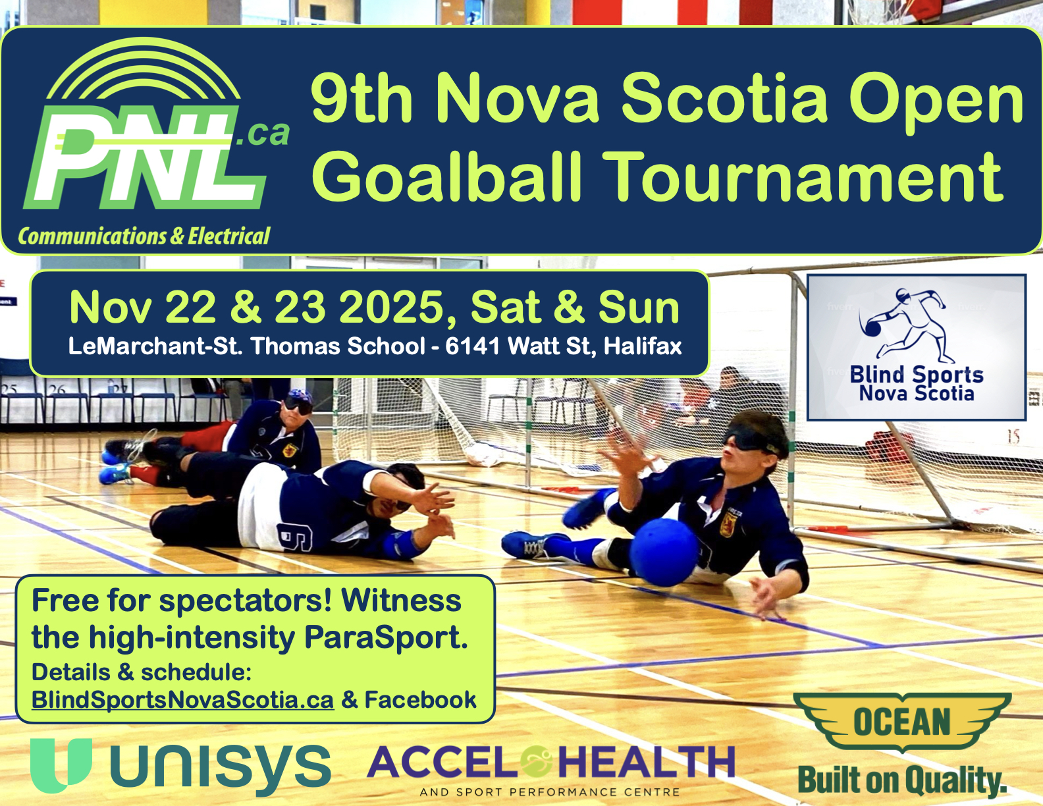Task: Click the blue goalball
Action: pos(664,552)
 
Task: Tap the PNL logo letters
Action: pos(144,157)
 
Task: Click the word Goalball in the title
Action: pos(447,176)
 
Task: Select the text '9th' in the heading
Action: pos(361,97)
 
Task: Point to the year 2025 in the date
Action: pos(390,308)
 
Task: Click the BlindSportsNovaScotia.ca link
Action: pos(182,699)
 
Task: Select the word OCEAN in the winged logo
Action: pos(902,722)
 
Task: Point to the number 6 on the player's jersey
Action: pos(294,537)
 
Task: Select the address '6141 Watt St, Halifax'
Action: pos(564,346)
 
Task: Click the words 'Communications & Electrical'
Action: pos(144,236)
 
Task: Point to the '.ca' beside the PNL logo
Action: pos(263,134)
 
